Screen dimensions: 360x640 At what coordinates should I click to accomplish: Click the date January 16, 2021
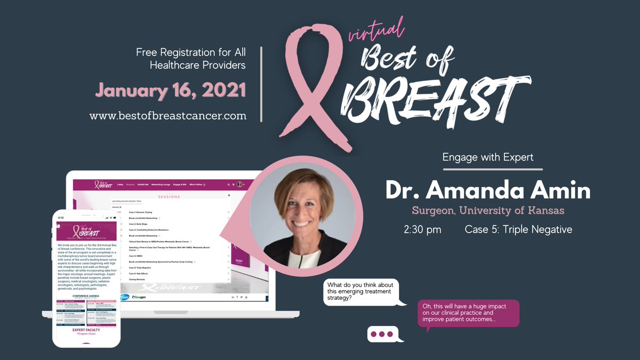point(171,90)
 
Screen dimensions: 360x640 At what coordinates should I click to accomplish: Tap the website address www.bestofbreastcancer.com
point(168,115)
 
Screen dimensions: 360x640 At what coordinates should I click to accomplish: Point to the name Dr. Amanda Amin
point(488,191)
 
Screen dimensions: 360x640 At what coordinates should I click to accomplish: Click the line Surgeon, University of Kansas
point(488,211)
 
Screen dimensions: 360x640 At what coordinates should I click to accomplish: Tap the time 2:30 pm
point(422,230)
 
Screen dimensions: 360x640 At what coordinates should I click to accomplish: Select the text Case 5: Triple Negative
point(518,230)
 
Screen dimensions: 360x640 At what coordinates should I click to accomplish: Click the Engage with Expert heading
point(488,157)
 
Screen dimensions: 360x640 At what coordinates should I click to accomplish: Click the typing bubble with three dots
point(382,334)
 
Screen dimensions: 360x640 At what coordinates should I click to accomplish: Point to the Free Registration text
point(191,59)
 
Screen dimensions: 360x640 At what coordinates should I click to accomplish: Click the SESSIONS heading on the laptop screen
point(169,196)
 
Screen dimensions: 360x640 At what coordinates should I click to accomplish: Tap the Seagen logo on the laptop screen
point(139,297)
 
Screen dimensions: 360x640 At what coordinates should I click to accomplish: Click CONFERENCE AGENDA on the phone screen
point(86,294)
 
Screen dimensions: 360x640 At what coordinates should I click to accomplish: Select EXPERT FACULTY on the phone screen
point(86,330)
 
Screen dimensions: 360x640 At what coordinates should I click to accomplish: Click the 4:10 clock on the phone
point(60,218)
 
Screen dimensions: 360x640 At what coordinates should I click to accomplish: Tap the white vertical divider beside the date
point(261,84)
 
